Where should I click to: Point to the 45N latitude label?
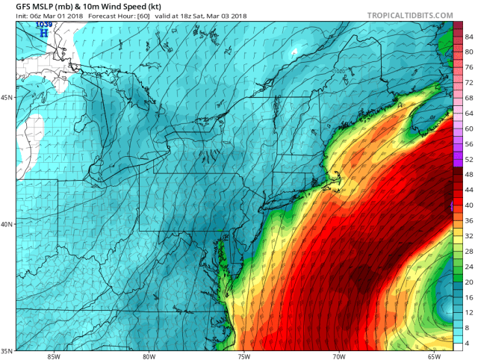pos(7,98)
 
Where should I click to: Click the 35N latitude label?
pos(7,350)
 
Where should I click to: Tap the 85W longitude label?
pos(52,356)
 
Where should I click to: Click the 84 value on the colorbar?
pos(470,36)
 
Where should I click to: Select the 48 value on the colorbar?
pos(470,174)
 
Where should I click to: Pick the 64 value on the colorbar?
pos(470,113)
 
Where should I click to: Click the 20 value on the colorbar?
pos(470,282)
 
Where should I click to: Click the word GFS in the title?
pos(25,6)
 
